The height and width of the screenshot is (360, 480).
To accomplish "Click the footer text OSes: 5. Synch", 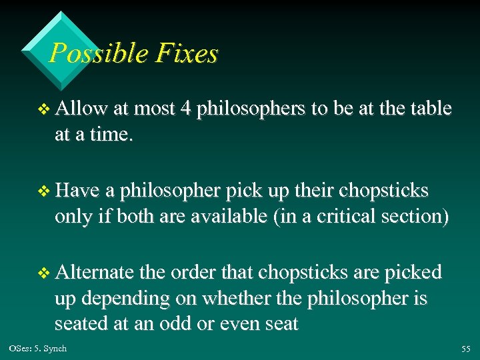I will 38,349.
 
